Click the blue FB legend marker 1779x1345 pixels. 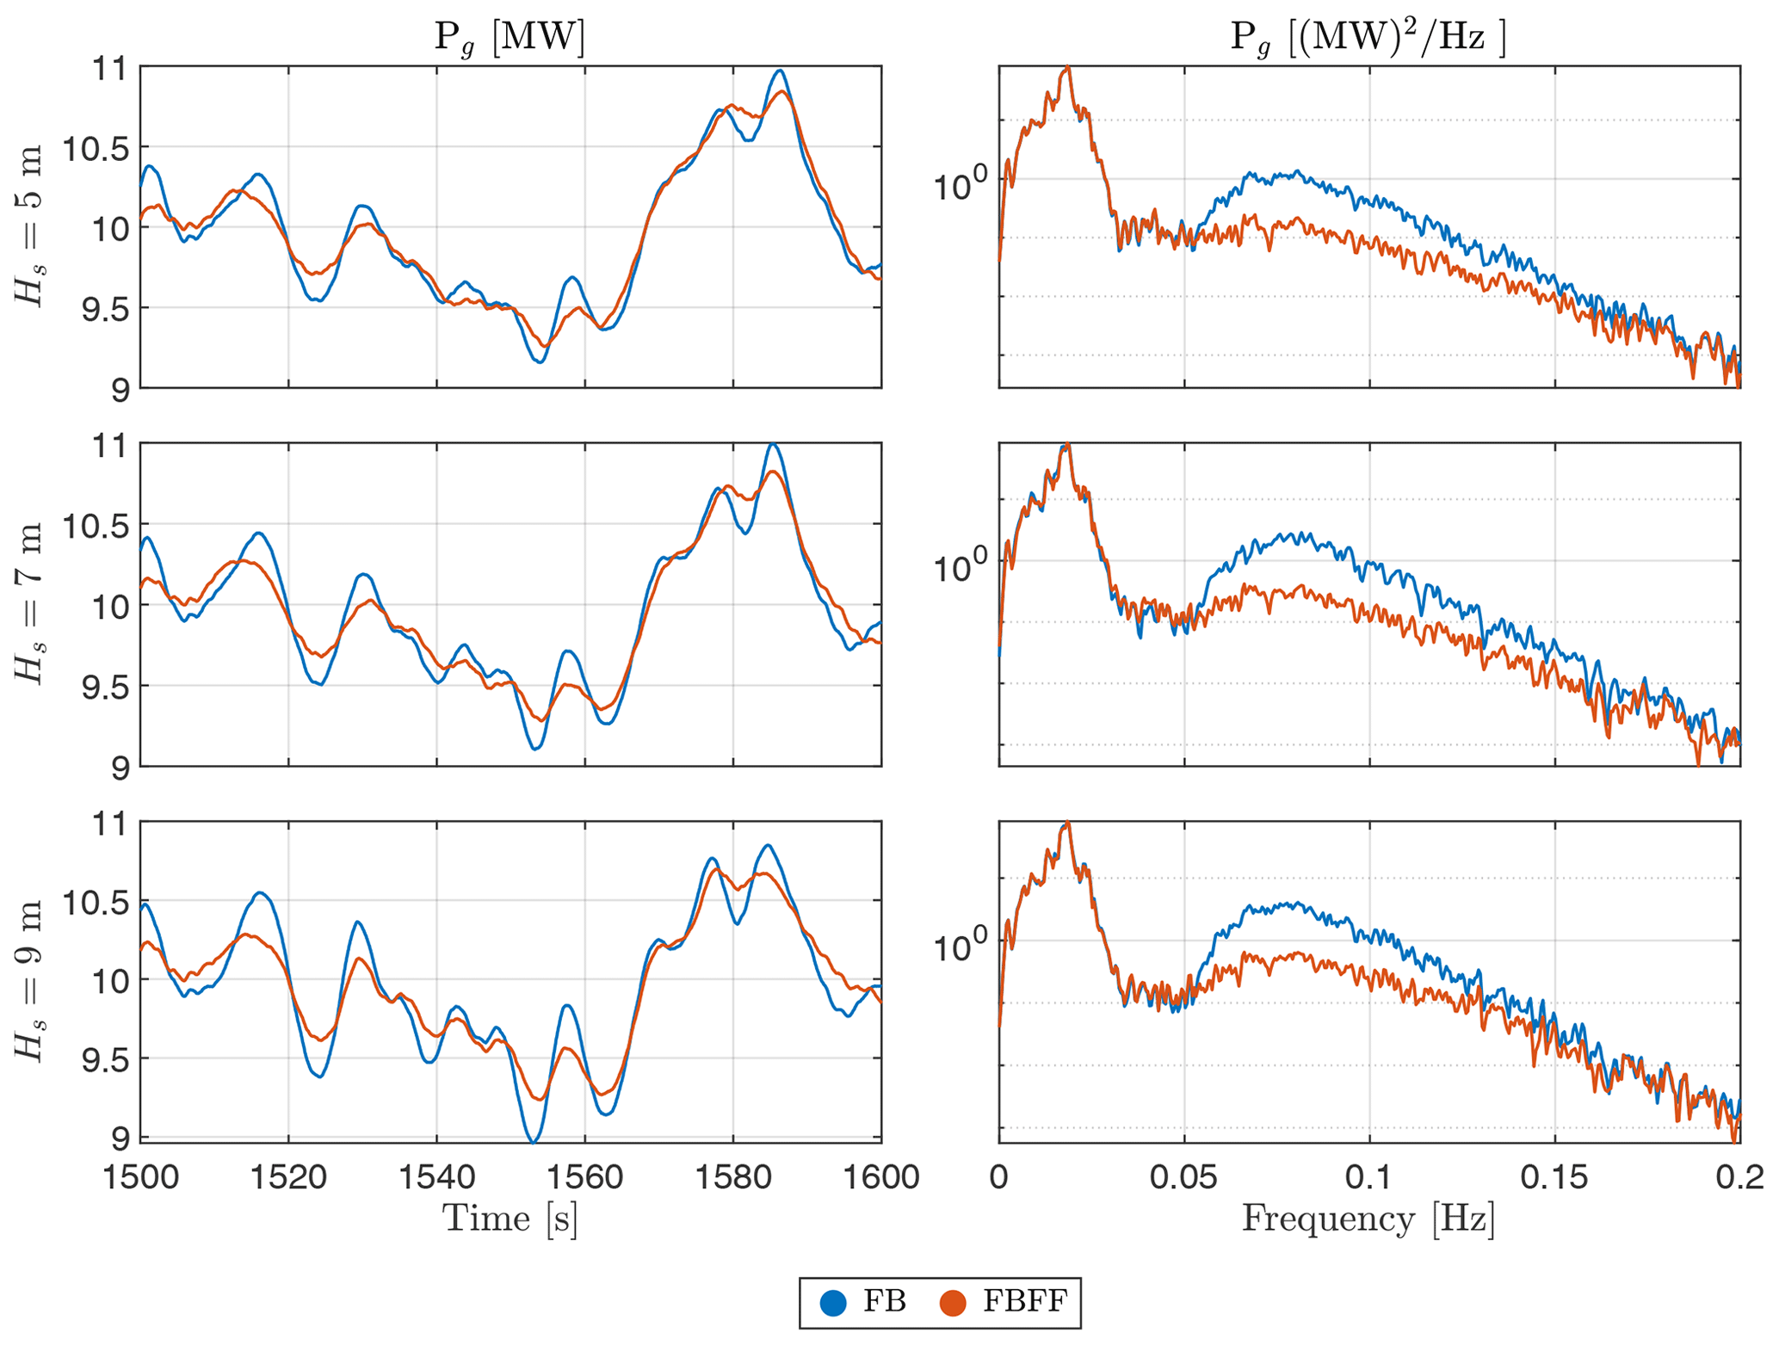pyautogui.click(x=833, y=1303)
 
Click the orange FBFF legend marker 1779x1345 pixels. pyautogui.click(x=952, y=1303)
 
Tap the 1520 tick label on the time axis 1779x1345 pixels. pyautogui.click(x=288, y=1176)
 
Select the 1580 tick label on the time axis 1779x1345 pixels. pyautogui.click(x=733, y=1176)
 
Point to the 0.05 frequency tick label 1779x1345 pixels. pyautogui.click(x=1184, y=1176)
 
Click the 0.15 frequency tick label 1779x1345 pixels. pyautogui.click(x=1554, y=1176)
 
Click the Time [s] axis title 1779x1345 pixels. pyautogui.click(x=510, y=1219)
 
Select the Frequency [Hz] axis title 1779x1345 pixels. pyautogui.click(x=1368, y=1219)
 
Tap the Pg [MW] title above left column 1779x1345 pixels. pyautogui.click(x=510, y=39)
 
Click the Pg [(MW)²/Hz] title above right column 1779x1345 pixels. pyautogui.click(x=1368, y=39)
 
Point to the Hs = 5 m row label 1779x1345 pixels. pyautogui.click(x=30, y=227)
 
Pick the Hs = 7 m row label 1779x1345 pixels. pyautogui.click(x=30, y=604)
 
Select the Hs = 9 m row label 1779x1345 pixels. pyautogui.click(x=30, y=982)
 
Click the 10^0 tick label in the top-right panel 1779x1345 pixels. pyautogui.click(x=962, y=185)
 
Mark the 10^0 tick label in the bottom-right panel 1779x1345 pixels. pyautogui.click(x=962, y=944)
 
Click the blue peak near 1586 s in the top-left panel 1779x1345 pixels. pyautogui.click(x=780, y=71)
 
